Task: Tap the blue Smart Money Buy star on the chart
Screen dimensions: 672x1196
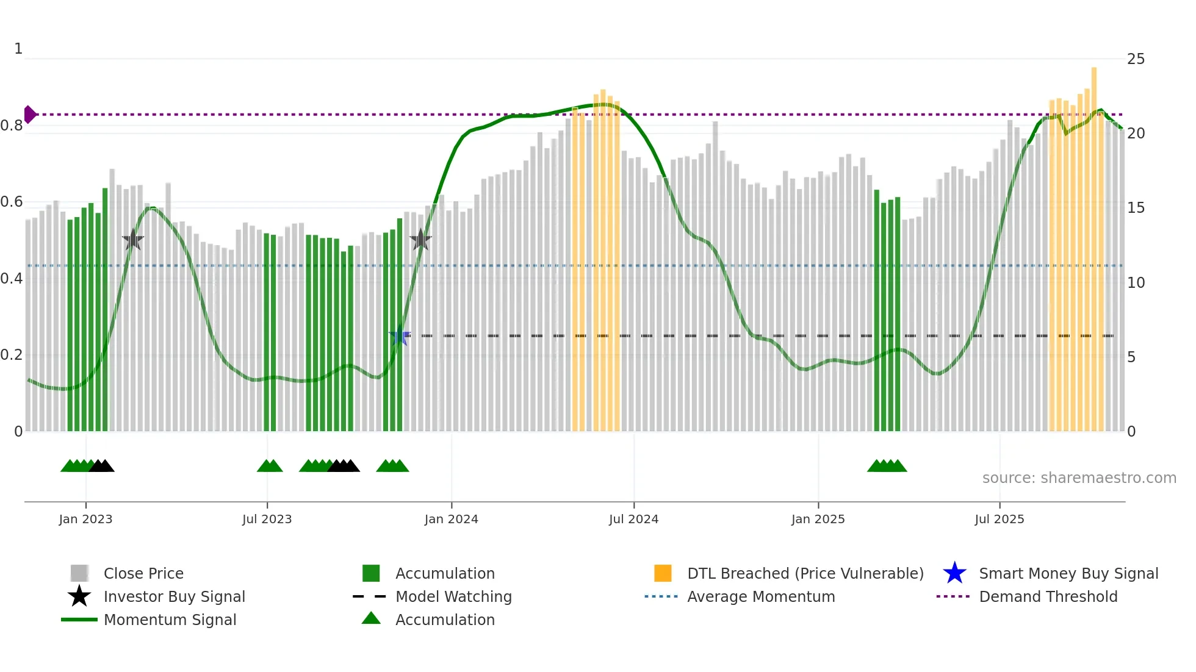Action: [x=400, y=335]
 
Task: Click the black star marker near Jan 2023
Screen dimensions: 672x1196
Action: [x=133, y=240]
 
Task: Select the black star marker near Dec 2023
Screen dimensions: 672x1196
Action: [x=420, y=240]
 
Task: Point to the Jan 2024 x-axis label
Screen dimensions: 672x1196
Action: [x=451, y=519]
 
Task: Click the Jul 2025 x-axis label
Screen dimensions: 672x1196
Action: [x=999, y=519]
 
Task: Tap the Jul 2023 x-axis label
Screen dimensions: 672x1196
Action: [x=267, y=519]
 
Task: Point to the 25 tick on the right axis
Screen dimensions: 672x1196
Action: [x=1136, y=59]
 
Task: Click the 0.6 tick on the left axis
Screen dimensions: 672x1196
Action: [x=12, y=202]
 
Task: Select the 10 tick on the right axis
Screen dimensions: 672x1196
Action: [x=1136, y=282]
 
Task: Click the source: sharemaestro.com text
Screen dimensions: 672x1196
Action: [x=1079, y=478]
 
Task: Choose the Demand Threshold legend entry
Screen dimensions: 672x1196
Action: [x=1048, y=596]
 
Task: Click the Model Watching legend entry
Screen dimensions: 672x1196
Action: [x=453, y=596]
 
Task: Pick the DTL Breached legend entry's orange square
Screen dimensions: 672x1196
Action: [x=663, y=573]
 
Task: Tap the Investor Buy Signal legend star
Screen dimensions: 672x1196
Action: [x=79, y=596]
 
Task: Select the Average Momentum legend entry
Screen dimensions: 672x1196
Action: [x=760, y=596]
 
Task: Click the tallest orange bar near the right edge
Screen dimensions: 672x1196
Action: [x=1094, y=244]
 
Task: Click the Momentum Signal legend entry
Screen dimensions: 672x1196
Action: [x=170, y=620]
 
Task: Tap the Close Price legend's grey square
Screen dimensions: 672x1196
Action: [x=79, y=573]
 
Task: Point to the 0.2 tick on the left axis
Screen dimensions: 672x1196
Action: [x=12, y=355]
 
